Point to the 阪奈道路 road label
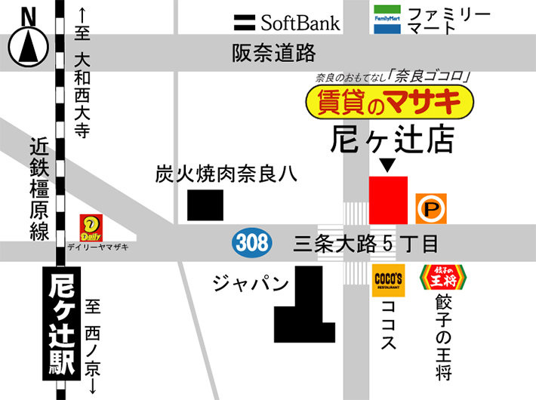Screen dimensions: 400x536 pos(273,53)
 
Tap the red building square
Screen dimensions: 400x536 pos(388,199)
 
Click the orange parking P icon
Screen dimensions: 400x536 pos(431,208)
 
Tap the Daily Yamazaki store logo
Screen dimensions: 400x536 pos(91,226)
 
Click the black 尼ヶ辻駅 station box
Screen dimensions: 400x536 pos(61,325)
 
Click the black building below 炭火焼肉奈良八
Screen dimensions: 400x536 pos(205,205)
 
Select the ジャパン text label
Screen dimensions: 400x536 pos(251,285)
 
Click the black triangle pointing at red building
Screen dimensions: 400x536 pos(387,165)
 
